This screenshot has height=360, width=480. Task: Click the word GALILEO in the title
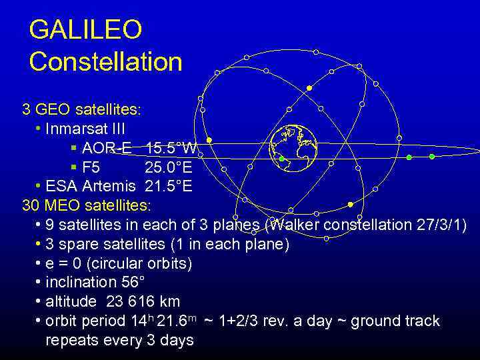click(x=85, y=30)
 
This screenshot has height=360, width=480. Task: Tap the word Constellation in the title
click(x=105, y=61)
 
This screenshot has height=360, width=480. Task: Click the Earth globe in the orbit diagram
click(x=293, y=148)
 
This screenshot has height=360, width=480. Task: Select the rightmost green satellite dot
click(x=431, y=157)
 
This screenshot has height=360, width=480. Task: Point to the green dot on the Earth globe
click(x=281, y=159)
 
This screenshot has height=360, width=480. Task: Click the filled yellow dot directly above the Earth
click(x=309, y=88)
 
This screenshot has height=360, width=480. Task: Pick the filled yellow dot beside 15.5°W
click(x=209, y=140)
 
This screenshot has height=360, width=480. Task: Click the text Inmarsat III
click(x=85, y=128)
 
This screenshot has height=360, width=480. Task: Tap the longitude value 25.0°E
click(x=169, y=167)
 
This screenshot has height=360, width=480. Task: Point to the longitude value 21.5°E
click(x=169, y=186)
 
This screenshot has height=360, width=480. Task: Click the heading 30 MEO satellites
click(x=87, y=205)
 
